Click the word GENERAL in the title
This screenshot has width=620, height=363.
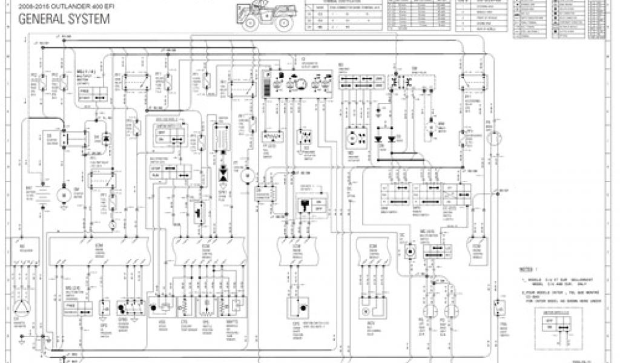[x=41, y=19]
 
